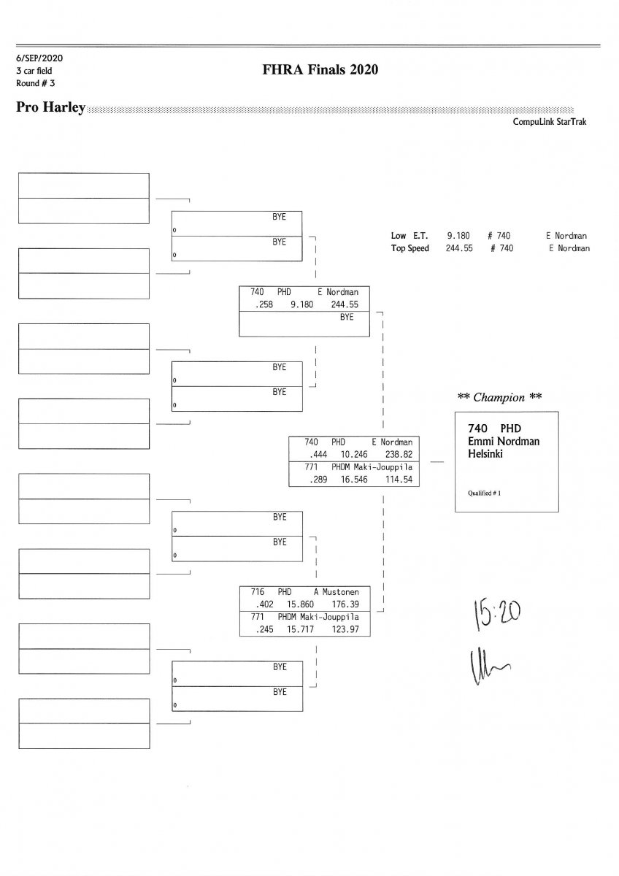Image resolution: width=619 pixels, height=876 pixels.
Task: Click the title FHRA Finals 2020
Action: point(320,70)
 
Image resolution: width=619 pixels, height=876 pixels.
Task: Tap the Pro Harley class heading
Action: point(50,108)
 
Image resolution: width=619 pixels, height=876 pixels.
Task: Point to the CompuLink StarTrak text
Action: point(549,122)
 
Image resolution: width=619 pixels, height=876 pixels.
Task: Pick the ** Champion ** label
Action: point(499,397)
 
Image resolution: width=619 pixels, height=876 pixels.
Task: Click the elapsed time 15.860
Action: point(301,604)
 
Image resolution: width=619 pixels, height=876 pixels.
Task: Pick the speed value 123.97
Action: point(345,630)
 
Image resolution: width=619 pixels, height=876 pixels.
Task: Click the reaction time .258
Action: point(264,304)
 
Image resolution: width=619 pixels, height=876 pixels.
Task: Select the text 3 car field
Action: point(34,71)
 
